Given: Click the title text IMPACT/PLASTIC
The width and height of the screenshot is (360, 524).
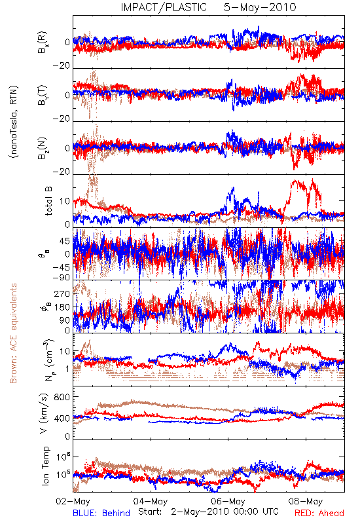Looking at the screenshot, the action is pos(164,7).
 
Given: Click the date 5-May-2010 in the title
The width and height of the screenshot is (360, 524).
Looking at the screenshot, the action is pos(260,7).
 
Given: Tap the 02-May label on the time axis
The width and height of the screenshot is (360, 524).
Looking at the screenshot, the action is pos(73,501).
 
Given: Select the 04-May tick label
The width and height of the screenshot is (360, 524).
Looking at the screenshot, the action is pos(151,501).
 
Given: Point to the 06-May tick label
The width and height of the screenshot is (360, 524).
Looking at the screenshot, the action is pos(228,501).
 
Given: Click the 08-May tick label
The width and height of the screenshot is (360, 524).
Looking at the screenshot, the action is pos(306,501).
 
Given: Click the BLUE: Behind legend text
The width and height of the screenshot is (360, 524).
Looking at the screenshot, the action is pos(101,513).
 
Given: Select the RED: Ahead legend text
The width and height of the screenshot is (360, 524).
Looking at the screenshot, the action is pos(319,513).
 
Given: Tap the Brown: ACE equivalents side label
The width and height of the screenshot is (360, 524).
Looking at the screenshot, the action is pos(13,333).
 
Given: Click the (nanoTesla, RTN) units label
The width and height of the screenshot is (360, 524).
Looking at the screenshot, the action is pos(14,122).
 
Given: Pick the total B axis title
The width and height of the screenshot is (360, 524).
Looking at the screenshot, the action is pos(48,201).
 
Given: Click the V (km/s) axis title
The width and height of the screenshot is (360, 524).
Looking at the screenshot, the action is pos(44,414).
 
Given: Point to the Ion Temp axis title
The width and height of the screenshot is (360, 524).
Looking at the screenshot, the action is pos(45,466).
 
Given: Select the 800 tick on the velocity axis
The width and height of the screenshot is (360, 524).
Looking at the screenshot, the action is pos(62,397).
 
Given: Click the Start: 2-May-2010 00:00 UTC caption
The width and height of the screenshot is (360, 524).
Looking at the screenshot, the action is pos(208,512).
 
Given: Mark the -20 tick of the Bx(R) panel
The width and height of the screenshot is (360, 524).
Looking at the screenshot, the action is pos(62,66).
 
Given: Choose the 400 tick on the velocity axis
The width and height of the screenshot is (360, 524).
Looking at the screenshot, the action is pos(62,418).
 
